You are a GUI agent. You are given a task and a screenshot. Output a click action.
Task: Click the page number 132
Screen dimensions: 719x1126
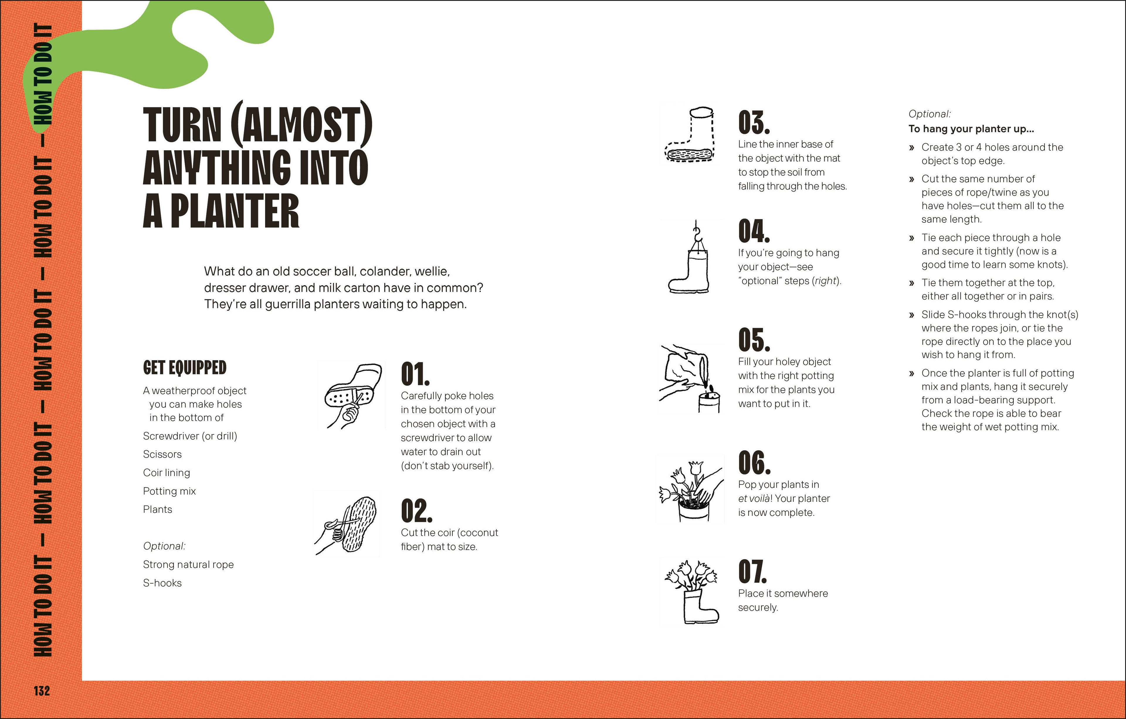click(x=42, y=691)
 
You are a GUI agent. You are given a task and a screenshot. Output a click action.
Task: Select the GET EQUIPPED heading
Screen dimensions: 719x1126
click(x=185, y=368)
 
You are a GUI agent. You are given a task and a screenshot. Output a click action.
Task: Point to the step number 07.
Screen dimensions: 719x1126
click(x=752, y=572)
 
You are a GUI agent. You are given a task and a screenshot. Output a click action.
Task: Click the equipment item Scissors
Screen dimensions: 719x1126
click(x=162, y=454)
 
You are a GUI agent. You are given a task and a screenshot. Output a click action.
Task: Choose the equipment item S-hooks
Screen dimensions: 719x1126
click(x=162, y=583)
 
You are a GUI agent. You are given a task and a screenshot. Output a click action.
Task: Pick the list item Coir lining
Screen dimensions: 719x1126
click(x=167, y=472)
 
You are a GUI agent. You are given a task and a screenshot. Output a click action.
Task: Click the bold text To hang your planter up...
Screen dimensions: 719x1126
click(x=971, y=129)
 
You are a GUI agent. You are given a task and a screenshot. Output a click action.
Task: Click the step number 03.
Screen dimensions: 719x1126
click(x=753, y=123)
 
